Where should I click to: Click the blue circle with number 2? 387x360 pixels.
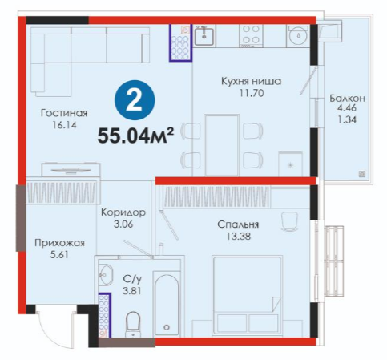pyautogui.click(x=135, y=100)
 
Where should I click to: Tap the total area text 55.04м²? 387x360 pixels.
pyautogui.click(x=135, y=136)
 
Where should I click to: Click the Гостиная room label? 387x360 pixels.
pyautogui.click(x=64, y=113)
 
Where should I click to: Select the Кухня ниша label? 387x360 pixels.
pyautogui.click(x=251, y=81)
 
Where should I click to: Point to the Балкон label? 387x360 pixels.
pyautogui.click(x=347, y=99)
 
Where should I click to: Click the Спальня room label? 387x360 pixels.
pyautogui.click(x=238, y=224)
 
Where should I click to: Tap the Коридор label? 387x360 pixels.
pyautogui.click(x=123, y=212)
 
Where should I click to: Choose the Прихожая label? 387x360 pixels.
pyautogui.click(x=59, y=243)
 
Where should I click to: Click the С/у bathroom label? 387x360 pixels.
pyautogui.click(x=132, y=279)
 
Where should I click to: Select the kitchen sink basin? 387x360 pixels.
pyautogui.click(x=204, y=36)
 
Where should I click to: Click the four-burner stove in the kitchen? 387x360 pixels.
pyautogui.click(x=251, y=35)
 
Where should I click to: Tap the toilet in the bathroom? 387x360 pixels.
pyautogui.click(x=133, y=324)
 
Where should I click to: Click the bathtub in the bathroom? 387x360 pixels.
pyautogui.click(x=167, y=303)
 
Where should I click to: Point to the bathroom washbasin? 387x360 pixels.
pyautogui.click(x=106, y=274)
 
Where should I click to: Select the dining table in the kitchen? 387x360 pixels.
pyautogui.click(x=221, y=145)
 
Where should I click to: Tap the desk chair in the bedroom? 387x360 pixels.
pyautogui.click(x=290, y=221)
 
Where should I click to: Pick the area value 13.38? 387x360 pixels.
pyautogui.click(x=239, y=237)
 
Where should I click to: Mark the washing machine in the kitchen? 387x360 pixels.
pyautogui.click(x=298, y=36)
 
